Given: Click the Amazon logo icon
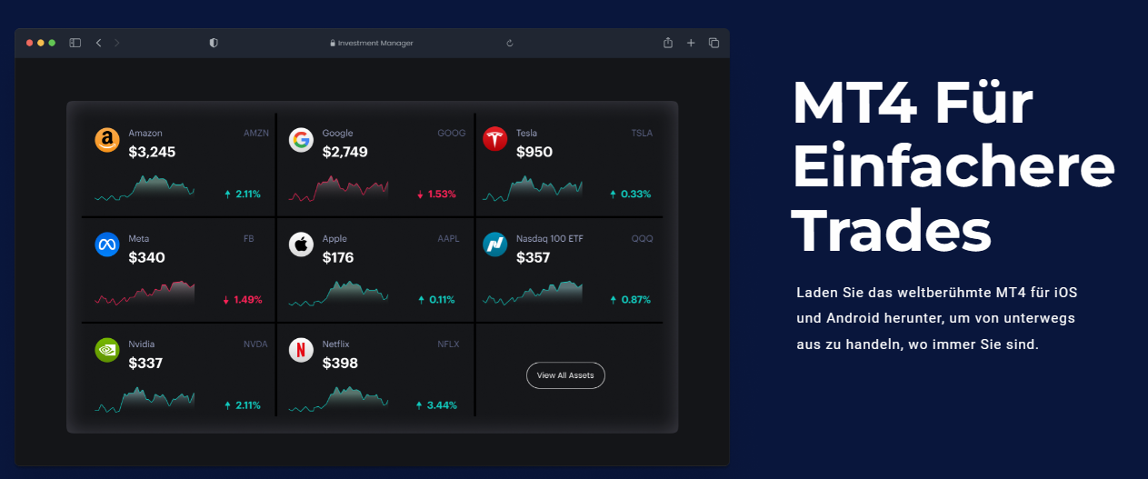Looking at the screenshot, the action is click(107, 140).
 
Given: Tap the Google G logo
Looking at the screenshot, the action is click(301, 140).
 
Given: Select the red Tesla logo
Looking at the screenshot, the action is click(495, 139).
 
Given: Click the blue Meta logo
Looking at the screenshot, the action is click(107, 244).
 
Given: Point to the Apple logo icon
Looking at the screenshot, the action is click(301, 244).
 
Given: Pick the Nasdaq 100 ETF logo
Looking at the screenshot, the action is click(495, 244).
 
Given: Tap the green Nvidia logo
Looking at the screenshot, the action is click(107, 351).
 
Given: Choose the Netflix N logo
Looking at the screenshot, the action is click(301, 351).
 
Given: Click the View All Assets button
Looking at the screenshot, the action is click(565, 375).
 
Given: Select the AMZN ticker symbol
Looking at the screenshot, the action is click(256, 134).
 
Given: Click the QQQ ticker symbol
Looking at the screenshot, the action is click(642, 239).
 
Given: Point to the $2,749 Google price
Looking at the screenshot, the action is click(344, 152).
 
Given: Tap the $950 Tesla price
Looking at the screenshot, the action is click(534, 152).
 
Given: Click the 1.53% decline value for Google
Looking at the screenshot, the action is click(442, 195).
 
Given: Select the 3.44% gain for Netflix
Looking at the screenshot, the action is click(442, 405).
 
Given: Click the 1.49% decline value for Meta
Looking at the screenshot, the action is click(248, 300).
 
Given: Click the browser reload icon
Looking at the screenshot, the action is click(509, 43).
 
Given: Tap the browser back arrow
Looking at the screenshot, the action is click(98, 43).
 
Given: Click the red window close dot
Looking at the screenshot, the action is click(29, 43).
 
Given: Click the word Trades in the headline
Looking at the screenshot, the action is click(892, 231).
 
